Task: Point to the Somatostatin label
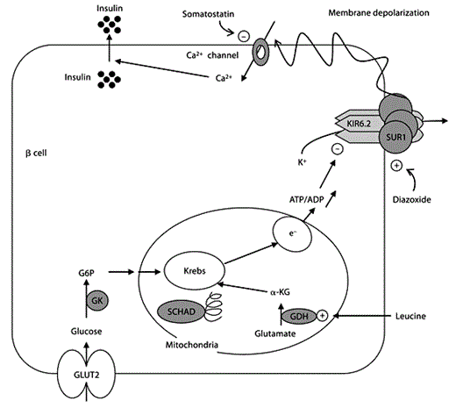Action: [206, 15]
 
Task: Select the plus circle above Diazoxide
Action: [396, 165]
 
